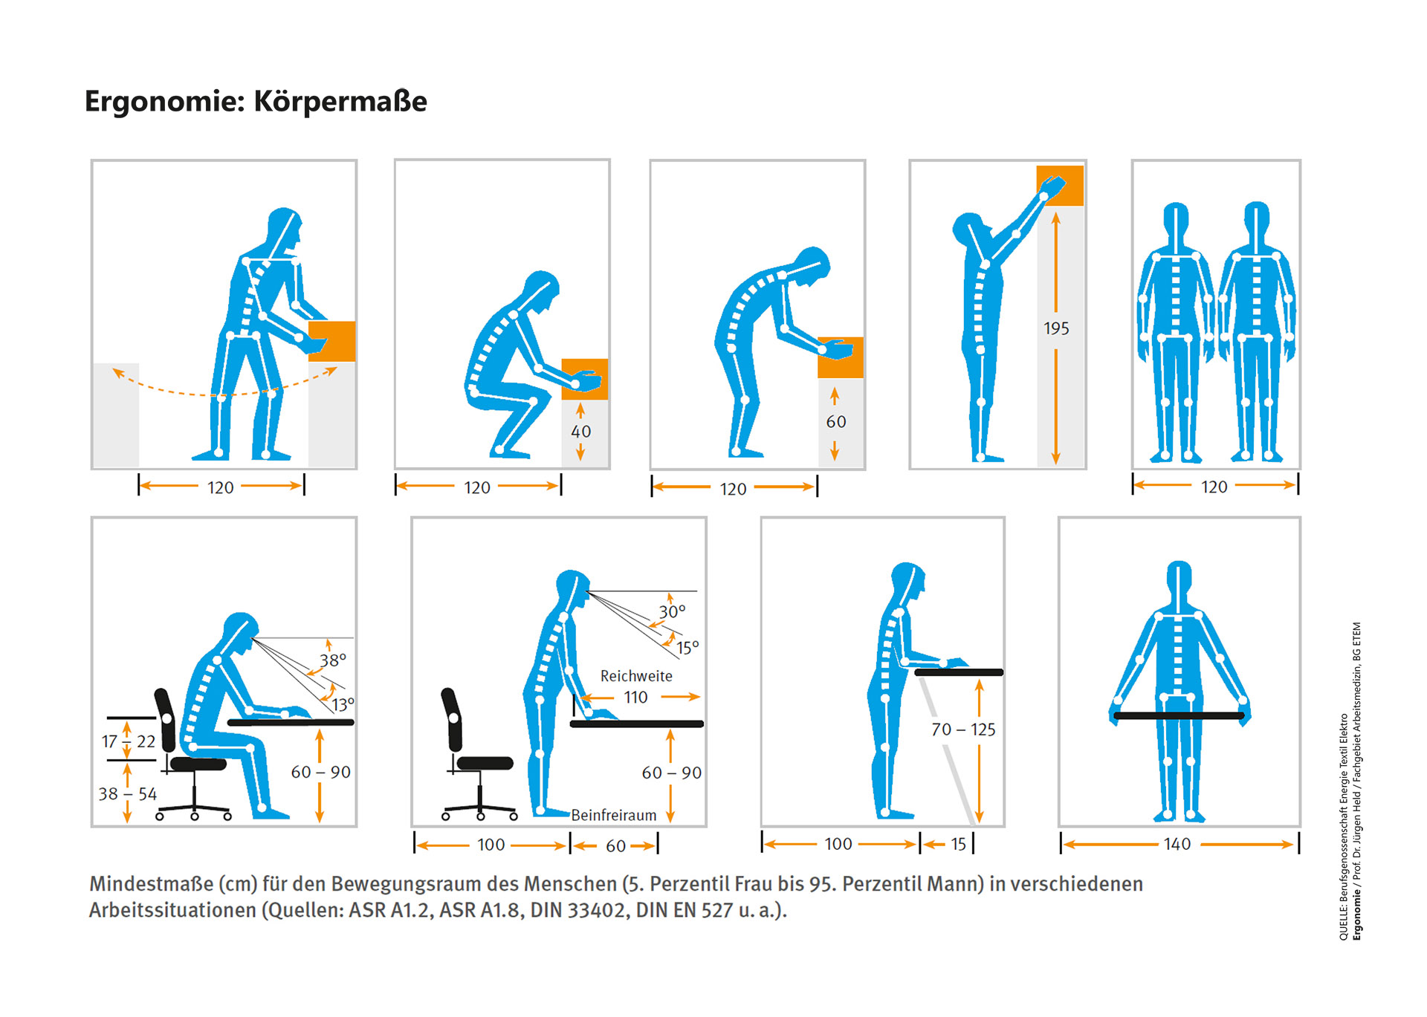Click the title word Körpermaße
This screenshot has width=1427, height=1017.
(x=340, y=101)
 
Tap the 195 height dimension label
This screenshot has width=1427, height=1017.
(x=1056, y=328)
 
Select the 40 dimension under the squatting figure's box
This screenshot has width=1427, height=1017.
(x=581, y=432)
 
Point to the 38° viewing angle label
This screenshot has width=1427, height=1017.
(x=333, y=660)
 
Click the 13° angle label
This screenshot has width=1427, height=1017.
(x=343, y=704)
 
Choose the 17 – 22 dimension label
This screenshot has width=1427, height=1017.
(x=129, y=741)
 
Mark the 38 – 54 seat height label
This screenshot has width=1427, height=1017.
(x=128, y=793)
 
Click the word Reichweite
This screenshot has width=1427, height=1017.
(x=636, y=676)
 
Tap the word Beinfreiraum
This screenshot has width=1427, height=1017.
(x=614, y=815)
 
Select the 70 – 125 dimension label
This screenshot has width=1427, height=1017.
(x=963, y=730)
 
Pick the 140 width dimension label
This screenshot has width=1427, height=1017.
(x=1177, y=844)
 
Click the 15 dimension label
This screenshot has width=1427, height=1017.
(x=959, y=844)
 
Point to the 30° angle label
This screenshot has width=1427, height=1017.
(x=672, y=611)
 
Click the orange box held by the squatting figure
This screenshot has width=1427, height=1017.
(x=585, y=379)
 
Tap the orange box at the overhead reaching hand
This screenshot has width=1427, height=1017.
(x=1060, y=186)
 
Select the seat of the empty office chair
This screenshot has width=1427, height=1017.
(x=485, y=763)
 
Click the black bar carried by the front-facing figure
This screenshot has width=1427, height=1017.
(x=1179, y=716)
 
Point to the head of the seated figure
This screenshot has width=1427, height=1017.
(x=239, y=631)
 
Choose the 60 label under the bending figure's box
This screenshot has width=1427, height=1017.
(x=836, y=422)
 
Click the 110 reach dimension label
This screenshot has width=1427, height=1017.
(x=635, y=697)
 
